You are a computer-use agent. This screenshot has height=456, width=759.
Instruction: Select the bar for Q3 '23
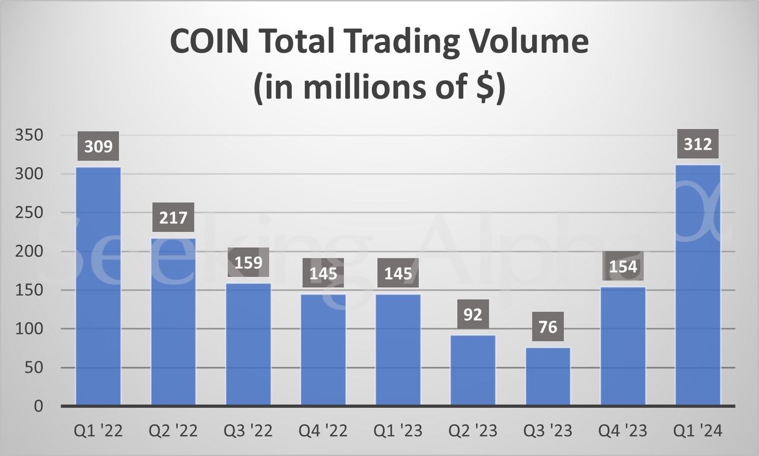point(548,377)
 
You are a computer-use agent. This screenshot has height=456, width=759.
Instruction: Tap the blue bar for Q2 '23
point(473,371)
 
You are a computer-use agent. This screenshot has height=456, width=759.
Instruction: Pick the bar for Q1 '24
point(698,285)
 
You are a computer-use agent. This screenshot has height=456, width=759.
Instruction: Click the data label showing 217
point(174,218)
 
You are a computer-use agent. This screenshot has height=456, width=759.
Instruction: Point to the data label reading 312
point(698,144)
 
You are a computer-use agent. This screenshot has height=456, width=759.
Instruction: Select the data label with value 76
point(548,327)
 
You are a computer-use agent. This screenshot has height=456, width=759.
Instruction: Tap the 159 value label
point(248,262)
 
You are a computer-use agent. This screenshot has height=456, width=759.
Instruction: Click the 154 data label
point(623,266)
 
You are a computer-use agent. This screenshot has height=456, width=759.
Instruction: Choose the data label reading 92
point(473,314)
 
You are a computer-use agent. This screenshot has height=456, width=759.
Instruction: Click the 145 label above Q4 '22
point(323,273)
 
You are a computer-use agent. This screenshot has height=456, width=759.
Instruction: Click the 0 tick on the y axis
point(39,406)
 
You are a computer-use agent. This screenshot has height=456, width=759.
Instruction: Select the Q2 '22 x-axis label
point(174,431)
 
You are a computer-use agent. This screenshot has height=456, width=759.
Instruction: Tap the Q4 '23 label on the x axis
point(623,431)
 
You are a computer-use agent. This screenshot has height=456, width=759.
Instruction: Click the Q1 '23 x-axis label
point(398,431)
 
